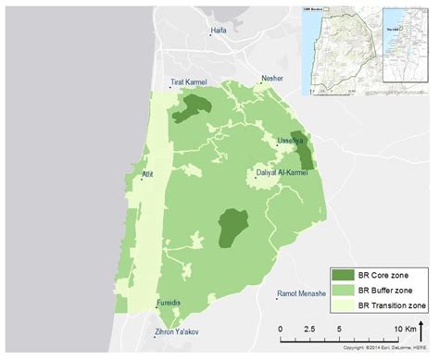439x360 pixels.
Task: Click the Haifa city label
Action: point(219,31)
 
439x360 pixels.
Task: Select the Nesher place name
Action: point(272,79)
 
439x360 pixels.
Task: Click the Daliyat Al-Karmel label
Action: point(283,172)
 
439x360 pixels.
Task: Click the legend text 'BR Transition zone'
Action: point(393,304)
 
